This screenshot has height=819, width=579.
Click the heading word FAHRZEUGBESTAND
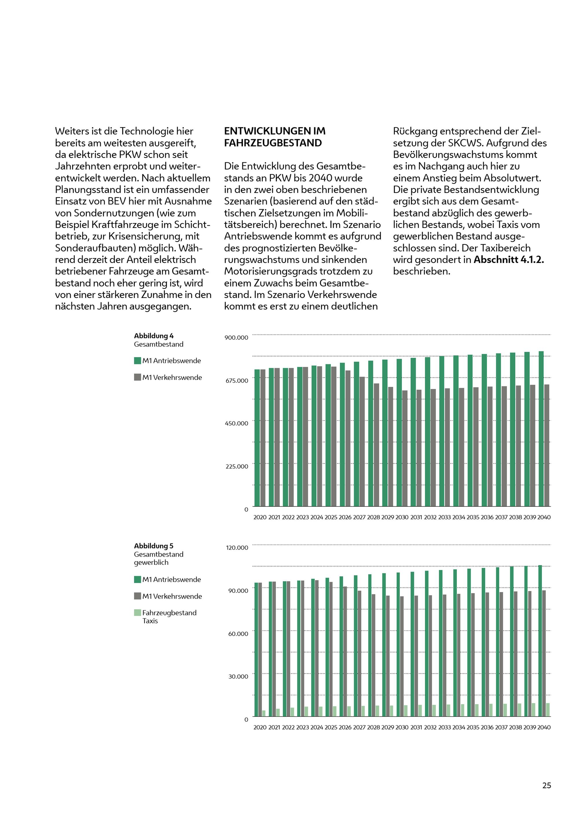coord(273,143)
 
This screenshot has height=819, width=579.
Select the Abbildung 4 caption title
coord(154,336)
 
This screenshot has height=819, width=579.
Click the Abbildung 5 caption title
coord(154,546)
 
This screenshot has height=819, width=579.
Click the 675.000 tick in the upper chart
coord(237,381)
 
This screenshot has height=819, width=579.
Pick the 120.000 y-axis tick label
coord(237,548)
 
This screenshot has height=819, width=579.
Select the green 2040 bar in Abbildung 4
coord(541,428)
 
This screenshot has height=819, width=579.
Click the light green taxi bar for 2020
coord(264,713)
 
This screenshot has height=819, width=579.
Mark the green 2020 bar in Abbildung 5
coord(256,649)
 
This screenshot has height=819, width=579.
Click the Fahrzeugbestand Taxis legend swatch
coord(138,613)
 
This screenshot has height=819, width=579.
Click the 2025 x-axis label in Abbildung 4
coord(331,517)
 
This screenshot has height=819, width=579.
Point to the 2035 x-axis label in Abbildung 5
coord(473,727)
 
